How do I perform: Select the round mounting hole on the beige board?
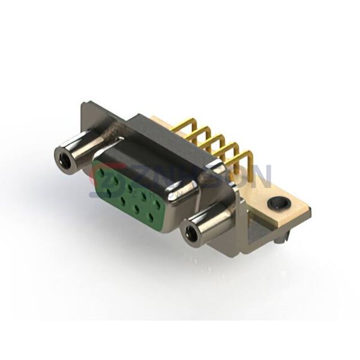pos(277,204)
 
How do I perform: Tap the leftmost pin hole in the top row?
pos(103,171)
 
